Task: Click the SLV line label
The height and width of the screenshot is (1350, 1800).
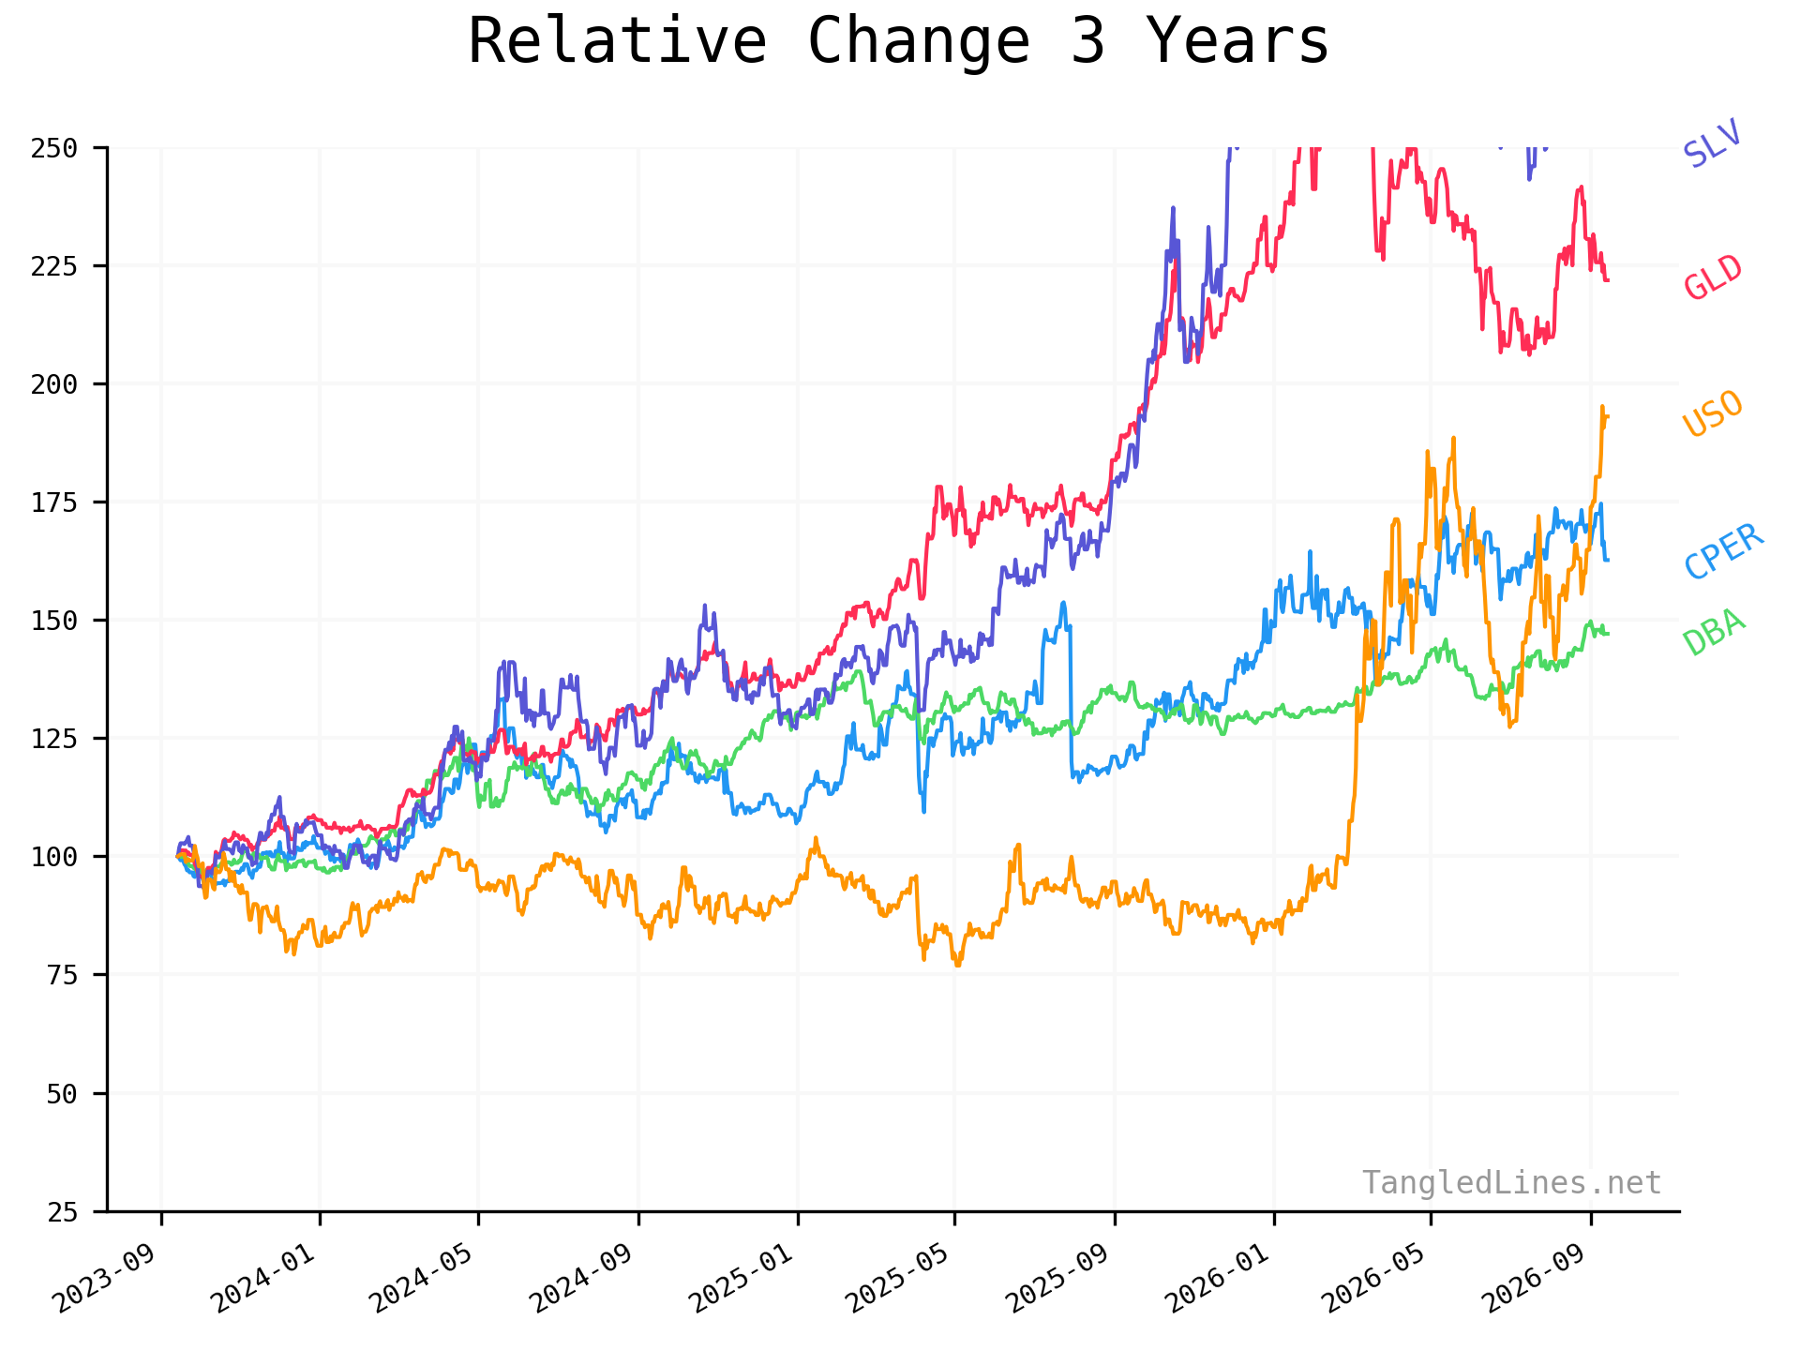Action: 1712,143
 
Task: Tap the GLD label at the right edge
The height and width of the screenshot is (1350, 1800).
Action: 1713,277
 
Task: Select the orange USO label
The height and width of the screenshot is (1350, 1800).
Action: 1713,413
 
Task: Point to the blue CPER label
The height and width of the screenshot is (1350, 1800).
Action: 1724,551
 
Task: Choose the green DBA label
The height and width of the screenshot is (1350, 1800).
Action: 1714,632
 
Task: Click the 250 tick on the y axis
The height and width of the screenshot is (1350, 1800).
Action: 55,148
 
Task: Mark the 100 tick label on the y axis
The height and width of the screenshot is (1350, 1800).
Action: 55,857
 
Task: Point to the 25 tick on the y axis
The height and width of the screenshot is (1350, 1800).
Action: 64,1212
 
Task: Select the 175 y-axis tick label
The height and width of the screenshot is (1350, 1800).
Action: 55,502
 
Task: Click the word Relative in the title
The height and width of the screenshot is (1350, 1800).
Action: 618,41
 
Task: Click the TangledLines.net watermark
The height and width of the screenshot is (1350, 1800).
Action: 1512,1183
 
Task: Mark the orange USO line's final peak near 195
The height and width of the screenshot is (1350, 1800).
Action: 1601,407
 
